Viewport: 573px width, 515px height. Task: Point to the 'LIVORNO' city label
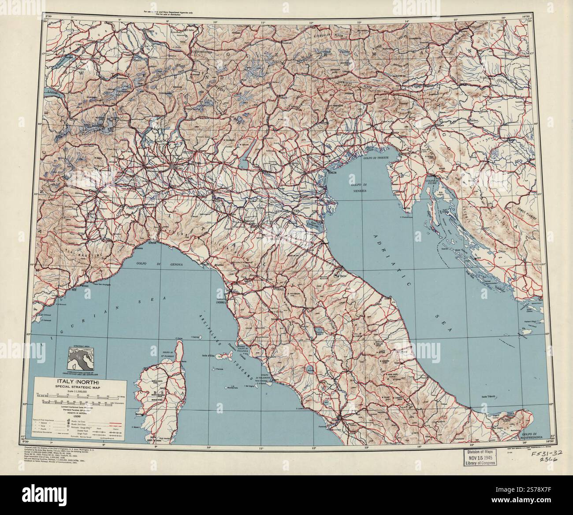tap(220, 303)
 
